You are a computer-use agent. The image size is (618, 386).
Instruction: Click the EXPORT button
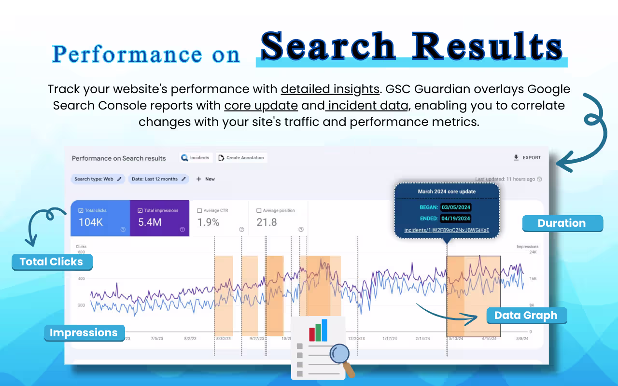click(527, 158)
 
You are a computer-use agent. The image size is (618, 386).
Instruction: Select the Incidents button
click(195, 158)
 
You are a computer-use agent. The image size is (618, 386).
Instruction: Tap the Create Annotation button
click(241, 158)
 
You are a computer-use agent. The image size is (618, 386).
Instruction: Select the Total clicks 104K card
click(100, 218)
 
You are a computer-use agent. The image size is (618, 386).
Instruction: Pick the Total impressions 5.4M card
click(159, 218)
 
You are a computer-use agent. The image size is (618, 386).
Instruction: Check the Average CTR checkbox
click(200, 211)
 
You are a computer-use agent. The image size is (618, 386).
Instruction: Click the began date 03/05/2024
click(456, 207)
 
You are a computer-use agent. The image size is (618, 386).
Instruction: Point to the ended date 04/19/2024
click(456, 219)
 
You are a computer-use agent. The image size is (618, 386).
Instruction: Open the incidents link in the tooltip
click(447, 230)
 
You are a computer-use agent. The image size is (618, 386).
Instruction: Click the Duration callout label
click(562, 223)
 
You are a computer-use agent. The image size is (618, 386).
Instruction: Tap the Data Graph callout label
click(526, 316)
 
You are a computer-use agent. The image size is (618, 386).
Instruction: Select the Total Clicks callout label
click(52, 262)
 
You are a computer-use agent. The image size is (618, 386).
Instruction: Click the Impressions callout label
click(84, 333)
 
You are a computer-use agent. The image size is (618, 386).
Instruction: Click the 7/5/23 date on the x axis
click(157, 339)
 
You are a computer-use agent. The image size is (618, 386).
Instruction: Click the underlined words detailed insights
click(330, 89)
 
